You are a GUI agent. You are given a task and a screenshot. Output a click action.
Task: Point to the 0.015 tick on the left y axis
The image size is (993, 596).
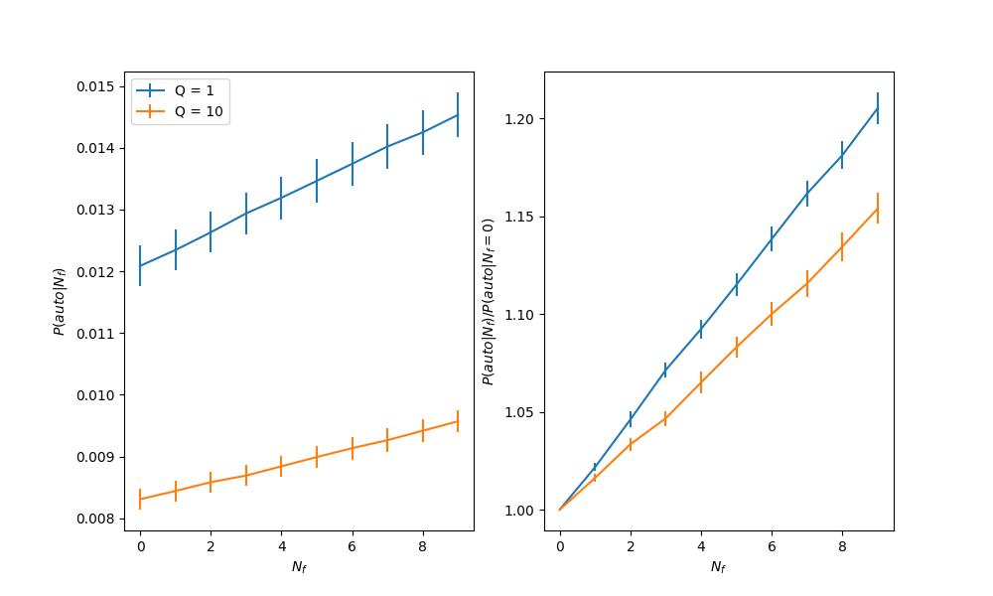click(99, 86)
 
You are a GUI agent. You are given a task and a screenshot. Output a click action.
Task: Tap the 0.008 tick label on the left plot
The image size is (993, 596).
click(99, 519)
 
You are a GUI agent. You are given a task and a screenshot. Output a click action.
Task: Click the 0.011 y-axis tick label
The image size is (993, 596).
click(99, 334)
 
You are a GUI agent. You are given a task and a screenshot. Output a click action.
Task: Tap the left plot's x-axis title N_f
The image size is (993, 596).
click(299, 567)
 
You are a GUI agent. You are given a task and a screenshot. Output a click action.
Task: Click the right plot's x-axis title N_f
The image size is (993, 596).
click(719, 567)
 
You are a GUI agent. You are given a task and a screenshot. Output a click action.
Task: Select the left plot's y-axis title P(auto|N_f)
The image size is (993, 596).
click(60, 301)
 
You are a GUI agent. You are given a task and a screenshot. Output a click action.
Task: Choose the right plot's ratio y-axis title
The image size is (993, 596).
click(489, 301)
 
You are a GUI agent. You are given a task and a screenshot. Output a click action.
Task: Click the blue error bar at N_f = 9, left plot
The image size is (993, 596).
click(458, 114)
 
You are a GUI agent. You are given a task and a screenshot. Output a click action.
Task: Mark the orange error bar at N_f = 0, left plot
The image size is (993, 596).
click(140, 499)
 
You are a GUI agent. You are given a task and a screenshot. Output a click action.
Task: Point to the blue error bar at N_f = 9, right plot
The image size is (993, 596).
click(878, 108)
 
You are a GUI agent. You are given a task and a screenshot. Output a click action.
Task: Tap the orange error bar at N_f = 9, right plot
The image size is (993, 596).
click(878, 208)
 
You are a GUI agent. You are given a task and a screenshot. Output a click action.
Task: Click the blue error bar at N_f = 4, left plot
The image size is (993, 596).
click(281, 198)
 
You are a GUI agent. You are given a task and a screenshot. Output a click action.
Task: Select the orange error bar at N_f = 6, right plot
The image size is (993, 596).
click(772, 314)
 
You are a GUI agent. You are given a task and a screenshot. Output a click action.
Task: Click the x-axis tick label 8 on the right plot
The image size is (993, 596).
click(842, 546)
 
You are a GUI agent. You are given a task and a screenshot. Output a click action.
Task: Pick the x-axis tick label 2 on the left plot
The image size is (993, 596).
click(211, 546)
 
